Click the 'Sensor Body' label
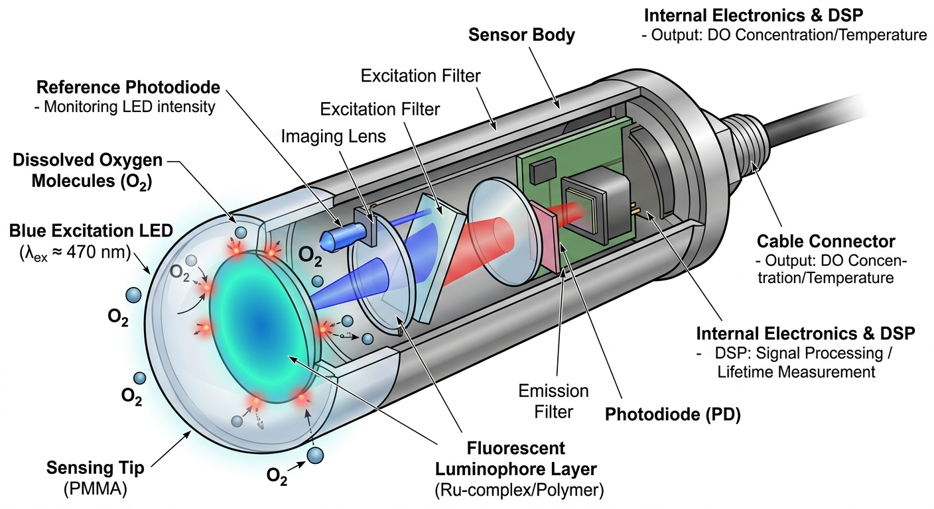tap(521, 35)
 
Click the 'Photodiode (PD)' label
tap(673, 416)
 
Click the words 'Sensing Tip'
tap(95, 469)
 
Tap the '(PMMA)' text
tap(95, 490)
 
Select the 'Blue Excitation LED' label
tap(90, 231)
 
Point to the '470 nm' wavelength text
tap(106, 252)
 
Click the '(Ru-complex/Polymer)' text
tap(515, 490)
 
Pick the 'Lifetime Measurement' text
tap(796, 372)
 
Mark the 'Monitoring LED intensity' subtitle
tap(129, 107)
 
